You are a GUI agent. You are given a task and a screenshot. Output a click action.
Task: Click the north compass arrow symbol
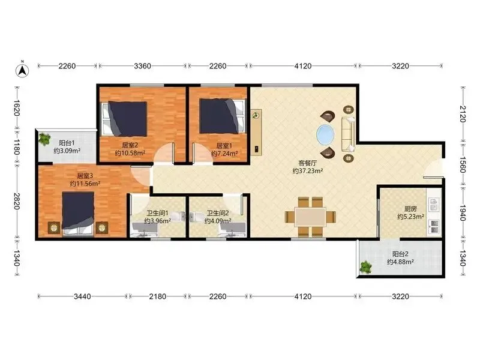pyautogui.click(x=22, y=70)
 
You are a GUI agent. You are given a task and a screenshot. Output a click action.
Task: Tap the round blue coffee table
pyautogui.click(x=325, y=134)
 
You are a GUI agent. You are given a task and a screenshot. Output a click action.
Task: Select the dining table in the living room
pyautogui.click(x=310, y=217)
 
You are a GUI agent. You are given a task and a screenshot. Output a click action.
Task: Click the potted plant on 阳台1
pyautogui.click(x=44, y=139)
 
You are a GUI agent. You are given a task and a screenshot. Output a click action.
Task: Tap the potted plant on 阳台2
pyautogui.click(x=365, y=267)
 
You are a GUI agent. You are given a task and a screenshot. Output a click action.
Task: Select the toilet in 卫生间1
pyautogui.click(x=178, y=217)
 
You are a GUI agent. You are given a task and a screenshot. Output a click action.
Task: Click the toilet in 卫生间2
pyautogui.click(x=197, y=217)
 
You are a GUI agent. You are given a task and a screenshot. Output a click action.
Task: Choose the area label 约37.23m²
pyautogui.click(x=308, y=171)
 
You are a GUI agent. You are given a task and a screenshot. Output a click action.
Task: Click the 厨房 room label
pyautogui.click(x=410, y=209)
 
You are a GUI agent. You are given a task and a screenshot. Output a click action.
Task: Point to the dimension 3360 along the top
pyautogui.click(x=143, y=66)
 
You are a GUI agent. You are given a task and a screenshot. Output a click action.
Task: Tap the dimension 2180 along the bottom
pyautogui.click(x=158, y=296)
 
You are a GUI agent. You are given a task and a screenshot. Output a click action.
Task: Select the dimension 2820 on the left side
pyautogui.click(x=17, y=201)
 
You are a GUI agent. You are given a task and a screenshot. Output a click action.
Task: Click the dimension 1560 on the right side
pyautogui.click(x=463, y=164)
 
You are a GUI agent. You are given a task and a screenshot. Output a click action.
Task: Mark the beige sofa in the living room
pyautogui.click(x=348, y=134)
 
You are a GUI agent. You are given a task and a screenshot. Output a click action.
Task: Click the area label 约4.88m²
pyautogui.click(x=400, y=262)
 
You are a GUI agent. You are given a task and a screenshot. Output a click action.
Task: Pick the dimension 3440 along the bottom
pyautogui.click(x=82, y=296)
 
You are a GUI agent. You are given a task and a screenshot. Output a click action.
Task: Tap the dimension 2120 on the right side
pyautogui.click(x=463, y=114)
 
